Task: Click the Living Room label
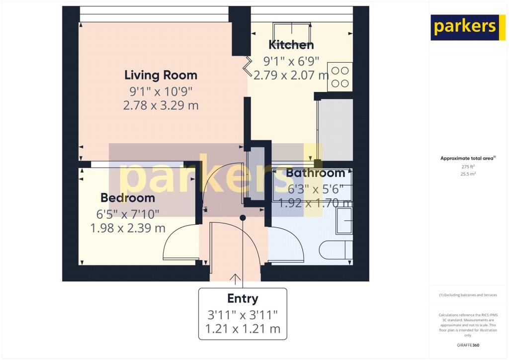161,75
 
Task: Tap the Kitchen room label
291,45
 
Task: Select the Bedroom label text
128,198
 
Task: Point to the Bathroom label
316,173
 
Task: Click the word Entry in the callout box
243,298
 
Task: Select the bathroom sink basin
344,221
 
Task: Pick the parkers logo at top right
464,27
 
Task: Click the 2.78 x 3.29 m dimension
161,105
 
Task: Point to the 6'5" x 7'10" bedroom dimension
128,214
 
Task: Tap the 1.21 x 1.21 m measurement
243,329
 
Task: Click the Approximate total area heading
467,159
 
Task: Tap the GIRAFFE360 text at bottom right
468,345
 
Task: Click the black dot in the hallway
243,218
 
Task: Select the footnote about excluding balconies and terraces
468,295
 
